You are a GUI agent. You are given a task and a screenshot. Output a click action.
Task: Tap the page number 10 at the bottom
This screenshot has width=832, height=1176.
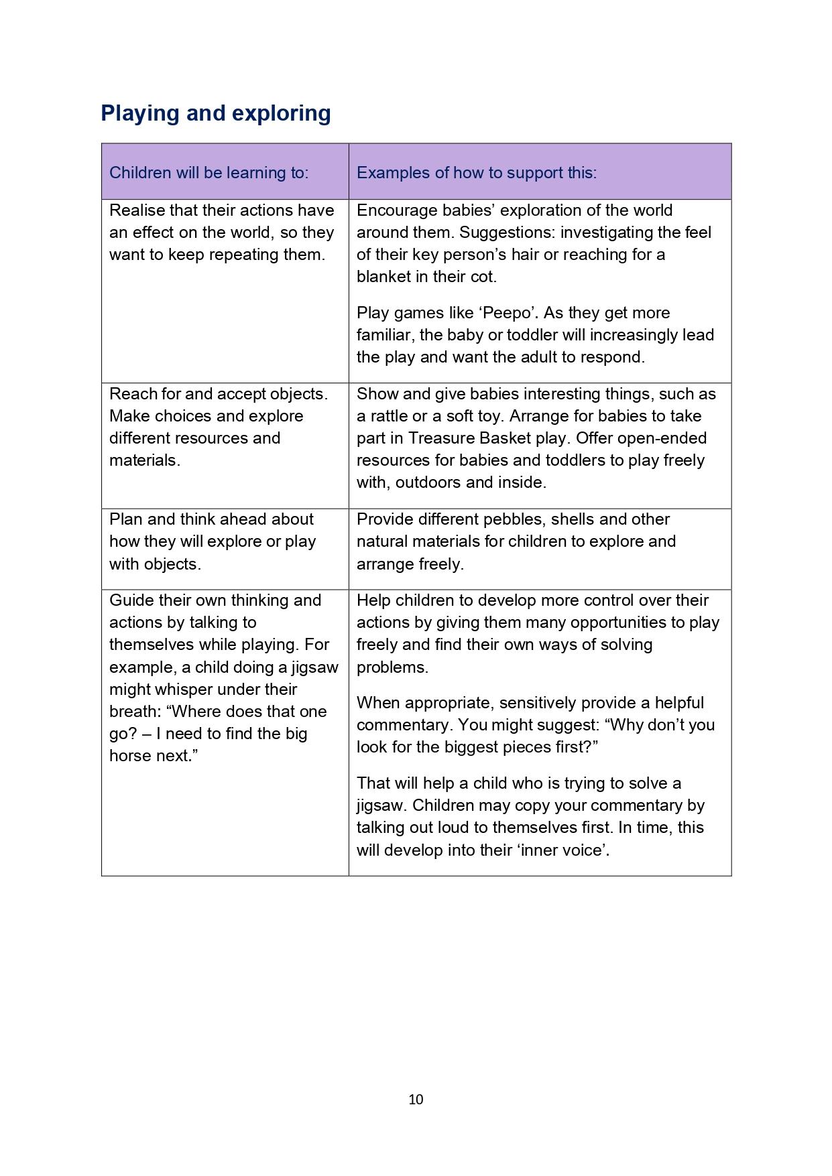[416, 1099]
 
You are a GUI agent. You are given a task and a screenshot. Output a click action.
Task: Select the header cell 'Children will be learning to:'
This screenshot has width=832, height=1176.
[209, 173]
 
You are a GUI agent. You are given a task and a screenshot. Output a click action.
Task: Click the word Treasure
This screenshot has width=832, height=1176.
[442, 438]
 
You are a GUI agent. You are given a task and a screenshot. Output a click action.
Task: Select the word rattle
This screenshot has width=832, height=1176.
[385, 416]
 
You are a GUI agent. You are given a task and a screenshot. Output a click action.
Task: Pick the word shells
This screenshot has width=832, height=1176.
[536, 519]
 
